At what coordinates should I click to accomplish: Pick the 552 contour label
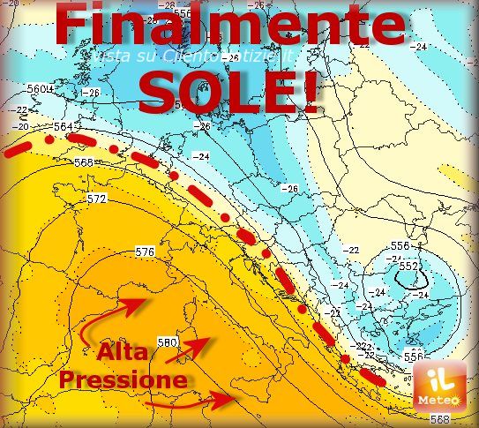click(x=408, y=265)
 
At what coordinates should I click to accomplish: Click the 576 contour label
click(x=146, y=252)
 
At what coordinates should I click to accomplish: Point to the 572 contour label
click(x=97, y=199)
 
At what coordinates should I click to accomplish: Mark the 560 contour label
click(x=36, y=89)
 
